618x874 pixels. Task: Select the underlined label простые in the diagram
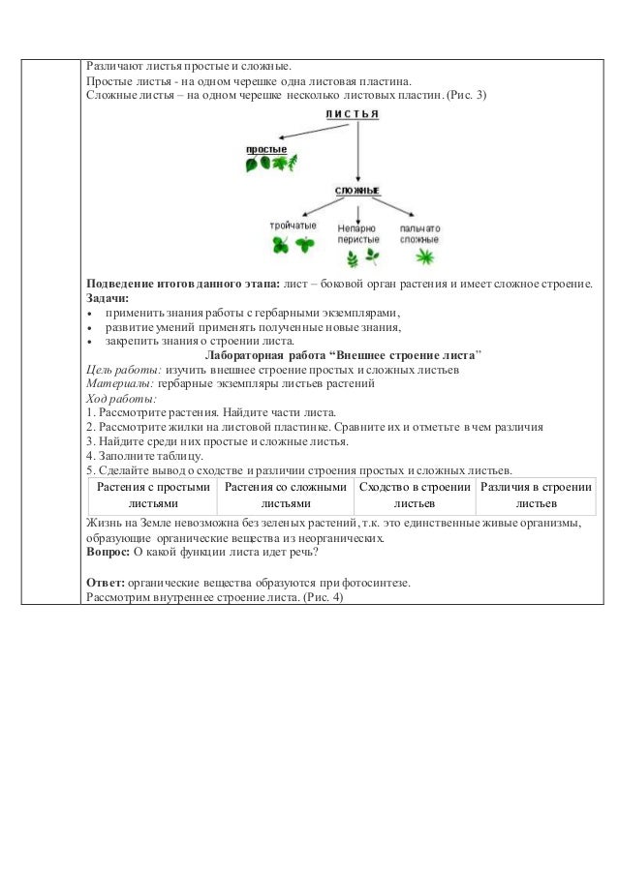[264, 149]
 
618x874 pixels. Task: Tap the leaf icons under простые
[267, 165]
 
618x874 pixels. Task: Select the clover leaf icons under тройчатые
[292, 246]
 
